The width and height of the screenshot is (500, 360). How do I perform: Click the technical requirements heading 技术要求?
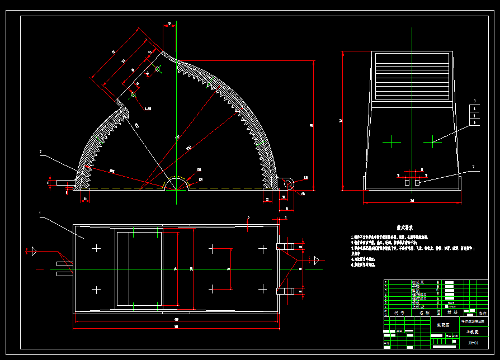(x=405, y=228)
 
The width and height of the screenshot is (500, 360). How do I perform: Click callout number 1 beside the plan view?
(x=40, y=212)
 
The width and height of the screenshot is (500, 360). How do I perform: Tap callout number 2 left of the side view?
(x=40, y=151)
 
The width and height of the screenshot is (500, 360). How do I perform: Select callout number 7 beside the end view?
(x=473, y=167)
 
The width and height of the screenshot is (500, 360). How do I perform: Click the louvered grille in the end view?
(x=412, y=77)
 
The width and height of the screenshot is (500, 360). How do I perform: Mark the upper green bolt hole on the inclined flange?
(x=158, y=69)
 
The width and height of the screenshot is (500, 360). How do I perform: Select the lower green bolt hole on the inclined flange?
(x=133, y=94)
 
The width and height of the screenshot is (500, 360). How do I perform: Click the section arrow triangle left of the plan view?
(x=34, y=251)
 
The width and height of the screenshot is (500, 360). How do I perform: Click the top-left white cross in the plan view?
(x=97, y=248)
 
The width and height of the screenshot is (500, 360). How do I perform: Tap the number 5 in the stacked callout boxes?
(x=474, y=116)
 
